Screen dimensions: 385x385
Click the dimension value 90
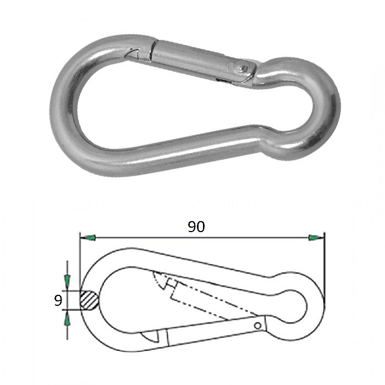tap(196, 227)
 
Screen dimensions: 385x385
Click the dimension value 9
tap(58, 300)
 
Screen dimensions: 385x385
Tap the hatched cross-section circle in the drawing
tap(89, 300)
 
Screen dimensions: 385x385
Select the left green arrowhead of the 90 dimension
tap(89, 238)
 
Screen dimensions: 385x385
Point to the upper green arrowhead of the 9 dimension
tap(67, 281)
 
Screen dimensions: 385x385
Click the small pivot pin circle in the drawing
tap(257, 326)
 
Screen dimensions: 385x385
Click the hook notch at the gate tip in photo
tap(134, 53)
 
